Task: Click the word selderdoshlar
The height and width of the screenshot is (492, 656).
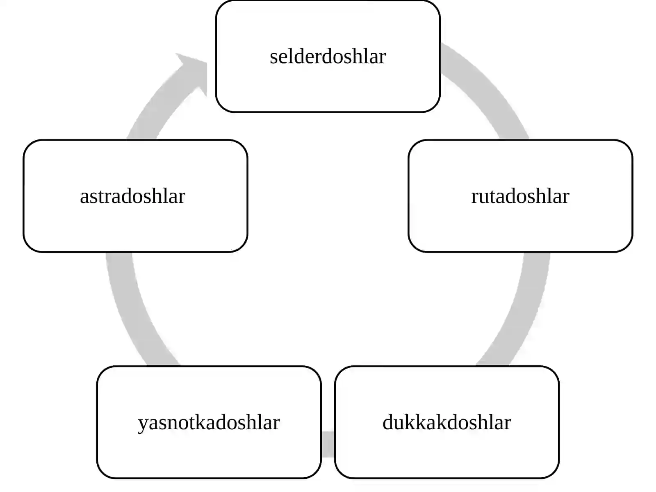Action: (x=328, y=57)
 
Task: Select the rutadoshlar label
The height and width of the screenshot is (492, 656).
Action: (x=520, y=196)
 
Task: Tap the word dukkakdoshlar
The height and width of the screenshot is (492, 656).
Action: (x=447, y=422)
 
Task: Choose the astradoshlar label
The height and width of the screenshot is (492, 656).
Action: (x=133, y=196)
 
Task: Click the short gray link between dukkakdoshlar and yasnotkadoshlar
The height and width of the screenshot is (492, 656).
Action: (x=328, y=444)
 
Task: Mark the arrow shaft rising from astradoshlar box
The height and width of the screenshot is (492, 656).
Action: (x=162, y=105)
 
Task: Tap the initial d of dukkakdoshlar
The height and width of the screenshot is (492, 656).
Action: (x=387, y=422)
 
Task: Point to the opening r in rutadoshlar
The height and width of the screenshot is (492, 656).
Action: (x=475, y=198)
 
